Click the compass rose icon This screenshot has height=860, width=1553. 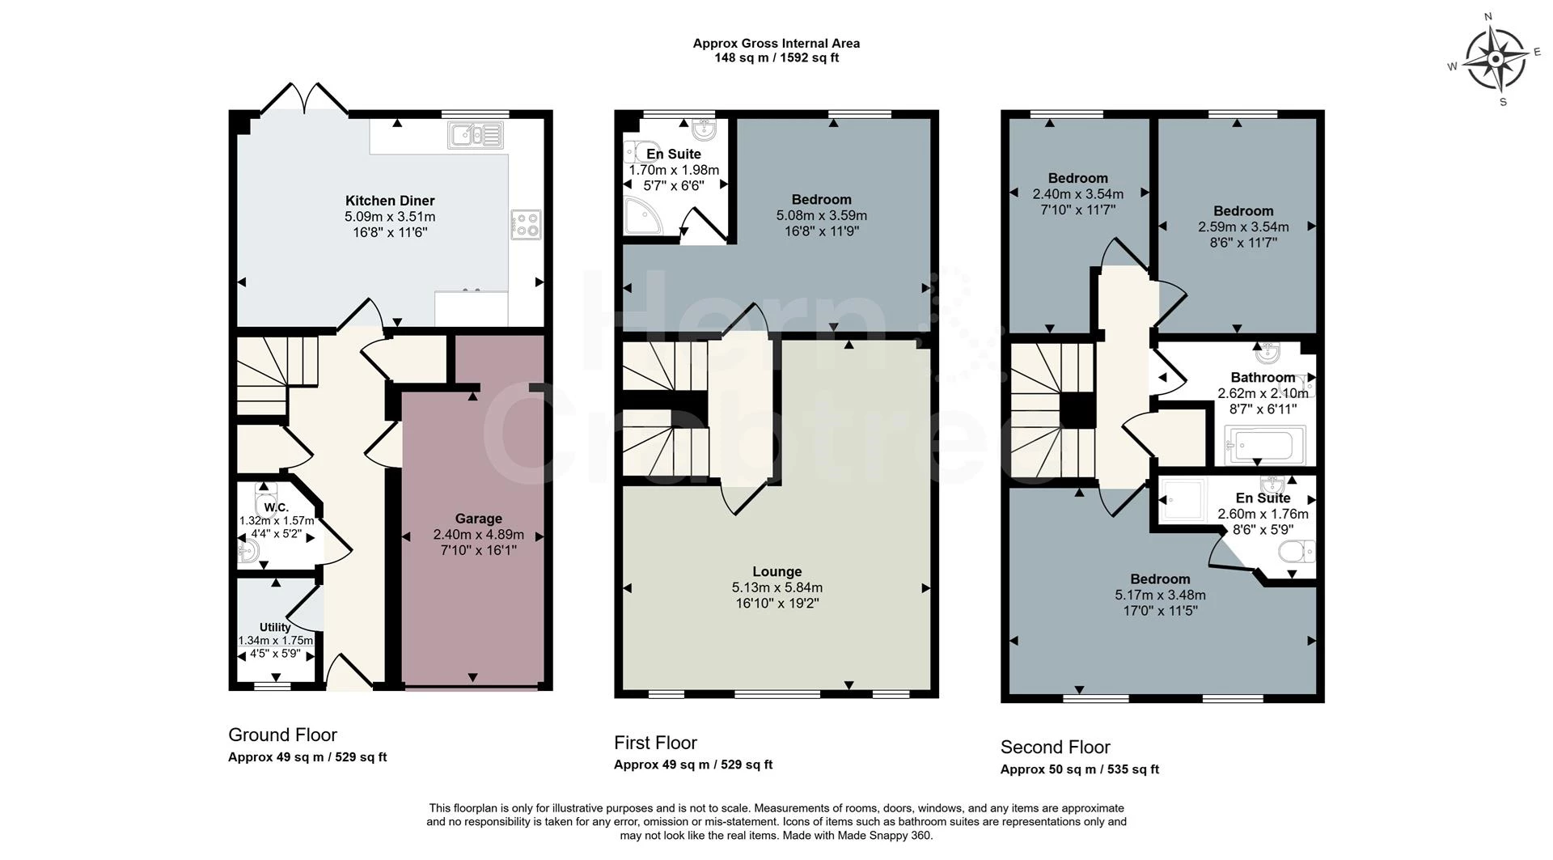point(1496,59)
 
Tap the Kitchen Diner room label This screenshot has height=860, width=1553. point(390,201)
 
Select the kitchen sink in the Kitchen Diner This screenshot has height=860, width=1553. point(476,135)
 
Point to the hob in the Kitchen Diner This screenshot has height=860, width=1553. point(526,224)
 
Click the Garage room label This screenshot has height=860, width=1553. point(478,519)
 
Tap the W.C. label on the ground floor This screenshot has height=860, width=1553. point(276,507)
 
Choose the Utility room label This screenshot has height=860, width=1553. point(275,627)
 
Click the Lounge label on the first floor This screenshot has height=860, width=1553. point(776,571)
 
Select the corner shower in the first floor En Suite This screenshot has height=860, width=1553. point(644,218)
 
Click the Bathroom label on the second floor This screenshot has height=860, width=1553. point(1263,377)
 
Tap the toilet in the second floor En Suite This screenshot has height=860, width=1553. point(1297,552)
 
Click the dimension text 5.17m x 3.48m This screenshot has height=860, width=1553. point(1160,595)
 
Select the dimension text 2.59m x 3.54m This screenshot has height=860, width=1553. point(1243,227)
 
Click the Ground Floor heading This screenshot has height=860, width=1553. point(282,735)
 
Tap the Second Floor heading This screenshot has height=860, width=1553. point(1055,747)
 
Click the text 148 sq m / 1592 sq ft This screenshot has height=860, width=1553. point(776,58)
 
